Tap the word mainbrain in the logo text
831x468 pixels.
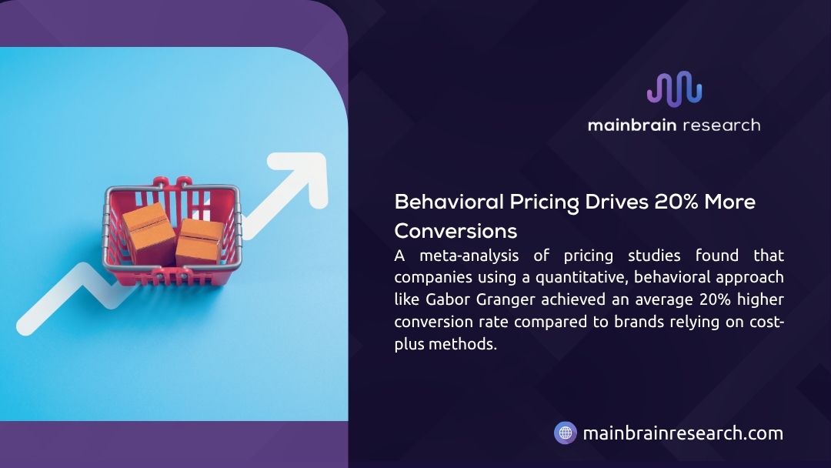pos(629,125)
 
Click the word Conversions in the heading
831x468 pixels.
pos(456,231)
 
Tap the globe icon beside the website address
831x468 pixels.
pos(566,433)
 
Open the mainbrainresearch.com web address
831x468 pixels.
pos(682,433)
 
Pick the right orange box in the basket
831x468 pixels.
pos(199,242)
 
